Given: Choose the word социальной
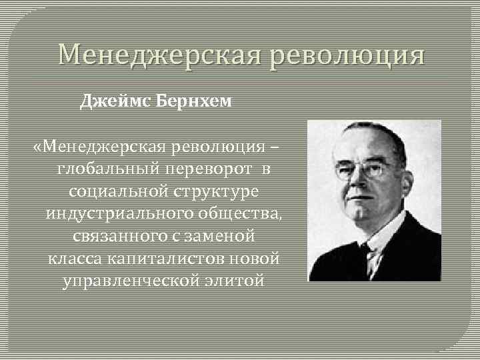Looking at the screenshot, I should (109, 191).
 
